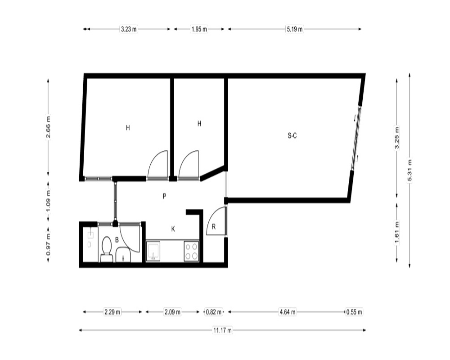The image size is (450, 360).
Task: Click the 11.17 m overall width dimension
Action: (222, 330)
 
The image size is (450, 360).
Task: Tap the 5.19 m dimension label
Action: (294, 29)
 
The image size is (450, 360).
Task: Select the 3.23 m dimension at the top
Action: (129, 29)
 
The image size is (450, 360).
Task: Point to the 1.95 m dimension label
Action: (199, 29)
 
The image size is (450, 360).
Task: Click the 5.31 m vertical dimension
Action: (409, 171)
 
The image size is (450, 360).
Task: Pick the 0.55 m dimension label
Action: (354, 312)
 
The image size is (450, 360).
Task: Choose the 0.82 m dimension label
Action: (214, 312)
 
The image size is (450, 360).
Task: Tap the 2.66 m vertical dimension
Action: (48, 126)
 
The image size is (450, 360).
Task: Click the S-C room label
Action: (292, 135)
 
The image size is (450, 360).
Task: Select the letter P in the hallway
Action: (164, 196)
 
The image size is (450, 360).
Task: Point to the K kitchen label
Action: (173, 229)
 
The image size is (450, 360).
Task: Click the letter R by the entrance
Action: (213, 227)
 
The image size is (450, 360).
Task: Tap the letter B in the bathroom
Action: (117, 240)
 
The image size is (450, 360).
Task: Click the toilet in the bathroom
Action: (107, 249)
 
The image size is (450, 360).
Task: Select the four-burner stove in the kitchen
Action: (191, 251)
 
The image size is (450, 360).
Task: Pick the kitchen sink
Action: (153, 251)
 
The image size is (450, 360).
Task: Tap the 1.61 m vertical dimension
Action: (397, 232)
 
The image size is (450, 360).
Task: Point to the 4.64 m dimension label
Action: (287, 312)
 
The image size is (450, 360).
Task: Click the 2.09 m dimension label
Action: (172, 312)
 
